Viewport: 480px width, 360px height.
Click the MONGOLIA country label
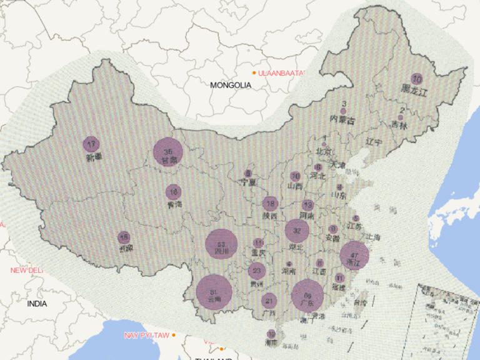coord(231,84)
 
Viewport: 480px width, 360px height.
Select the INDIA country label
coord(37,304)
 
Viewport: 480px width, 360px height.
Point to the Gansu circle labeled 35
coord(168,152)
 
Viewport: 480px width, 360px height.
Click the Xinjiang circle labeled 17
coord(91,144)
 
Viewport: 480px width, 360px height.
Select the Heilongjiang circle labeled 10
coord(417,79)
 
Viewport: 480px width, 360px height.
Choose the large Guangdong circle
coord(307,295)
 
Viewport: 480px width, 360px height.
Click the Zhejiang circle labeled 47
coord(355,255)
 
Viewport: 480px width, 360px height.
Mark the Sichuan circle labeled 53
coord(222,244)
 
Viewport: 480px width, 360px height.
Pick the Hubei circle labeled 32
coord(297,231)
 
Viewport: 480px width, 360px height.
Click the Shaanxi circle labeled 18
coord(270,203)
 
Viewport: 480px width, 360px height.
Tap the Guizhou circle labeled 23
coord(256,271)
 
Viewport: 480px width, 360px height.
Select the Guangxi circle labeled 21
coord(269,301)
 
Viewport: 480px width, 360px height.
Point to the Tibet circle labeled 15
coord(124,237)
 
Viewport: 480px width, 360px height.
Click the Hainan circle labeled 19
coord(271,334)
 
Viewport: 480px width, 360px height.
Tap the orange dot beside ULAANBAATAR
coord(254,73)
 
